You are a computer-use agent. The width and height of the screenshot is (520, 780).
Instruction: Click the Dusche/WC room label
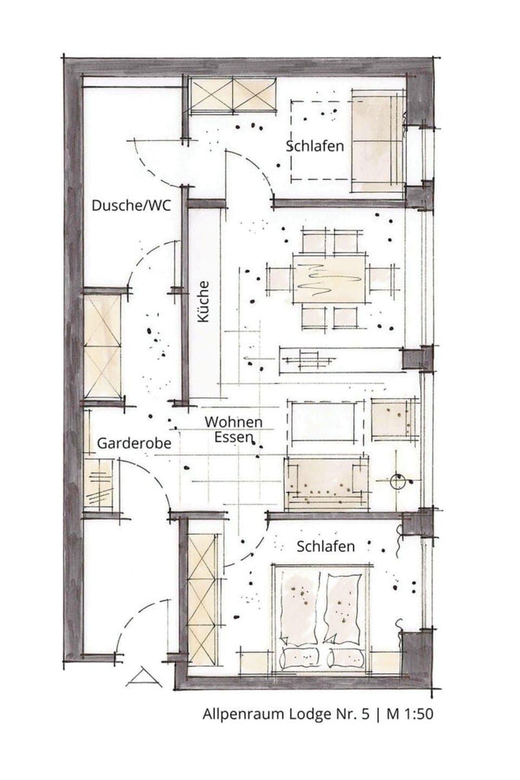click(x=131, y=205)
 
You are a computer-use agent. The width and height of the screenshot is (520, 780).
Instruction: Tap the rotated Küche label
click(x=203, y=301)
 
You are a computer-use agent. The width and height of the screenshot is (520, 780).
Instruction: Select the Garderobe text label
click(x=134, y=443)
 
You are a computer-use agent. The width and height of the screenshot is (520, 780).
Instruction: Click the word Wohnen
click(x=233, y=422)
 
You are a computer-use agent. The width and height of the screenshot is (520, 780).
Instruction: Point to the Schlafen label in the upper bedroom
click(x=315, y=146)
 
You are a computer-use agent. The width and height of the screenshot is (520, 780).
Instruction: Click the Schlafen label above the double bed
click(x=326, y=546)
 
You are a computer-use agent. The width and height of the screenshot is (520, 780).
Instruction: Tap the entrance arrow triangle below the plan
click(x=144, y=678)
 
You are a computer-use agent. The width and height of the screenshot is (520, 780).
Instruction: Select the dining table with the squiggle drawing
click(x=328, y=278)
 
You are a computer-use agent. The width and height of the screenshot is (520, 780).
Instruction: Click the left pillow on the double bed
click(x=300, y=658)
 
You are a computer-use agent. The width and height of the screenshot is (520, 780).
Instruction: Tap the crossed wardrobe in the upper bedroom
click(x=232, y=95)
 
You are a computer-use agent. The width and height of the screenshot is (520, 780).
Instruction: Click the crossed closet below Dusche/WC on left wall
click(x=102, y=347)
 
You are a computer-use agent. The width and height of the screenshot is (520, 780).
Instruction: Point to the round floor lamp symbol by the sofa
click(x=398, y=480)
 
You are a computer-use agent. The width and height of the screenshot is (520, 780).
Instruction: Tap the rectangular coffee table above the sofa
click(x=323, y=422)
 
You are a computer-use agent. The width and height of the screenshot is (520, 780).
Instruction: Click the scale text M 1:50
click(x=409, y=714)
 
